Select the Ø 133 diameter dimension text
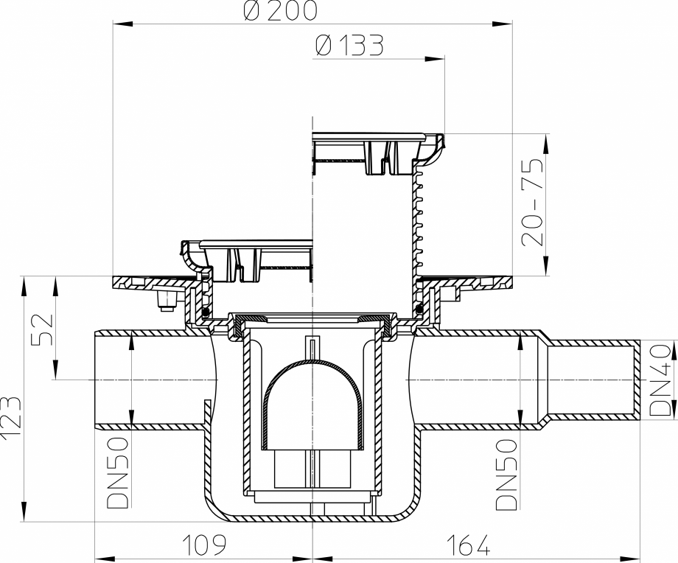click(x=349, y=46)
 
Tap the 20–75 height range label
click(x=532, y=201)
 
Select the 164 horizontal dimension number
click(x=468, y=545)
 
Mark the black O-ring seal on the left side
click(x=205, y=310)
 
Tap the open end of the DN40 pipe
click(x=638, y=379)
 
